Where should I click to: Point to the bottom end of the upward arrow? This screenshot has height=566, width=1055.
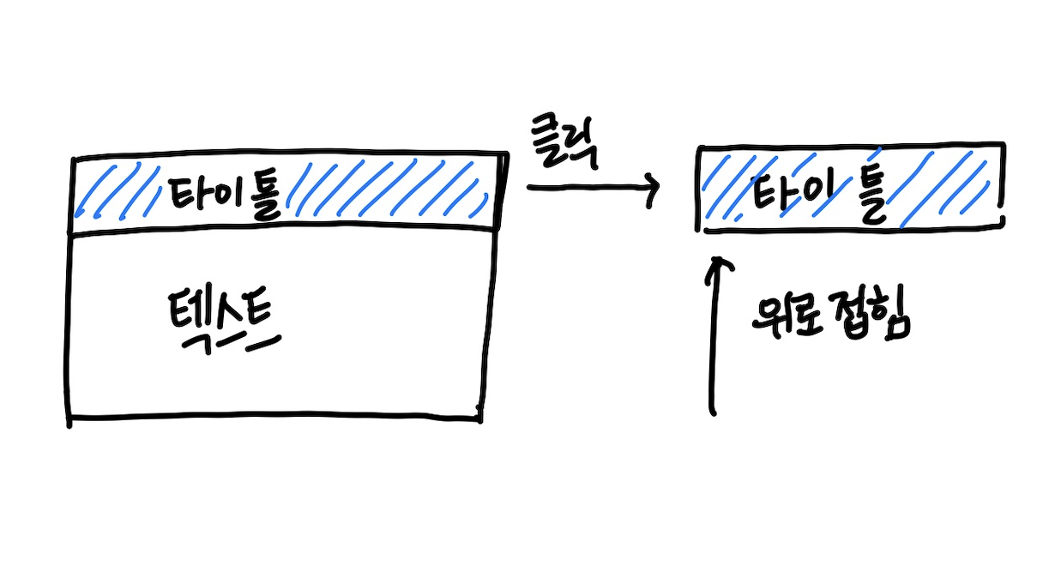[714, 413]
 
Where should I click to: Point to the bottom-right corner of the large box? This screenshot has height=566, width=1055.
[481, 418]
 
